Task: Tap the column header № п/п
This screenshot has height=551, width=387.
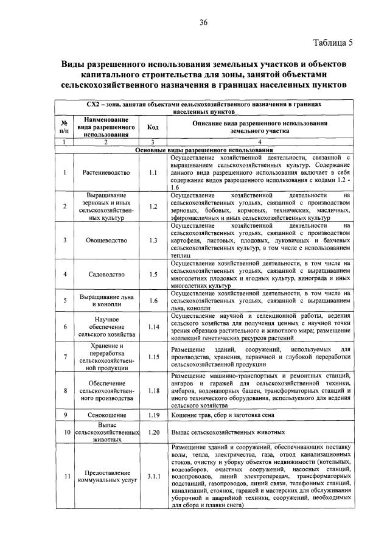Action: click(64, 127)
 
